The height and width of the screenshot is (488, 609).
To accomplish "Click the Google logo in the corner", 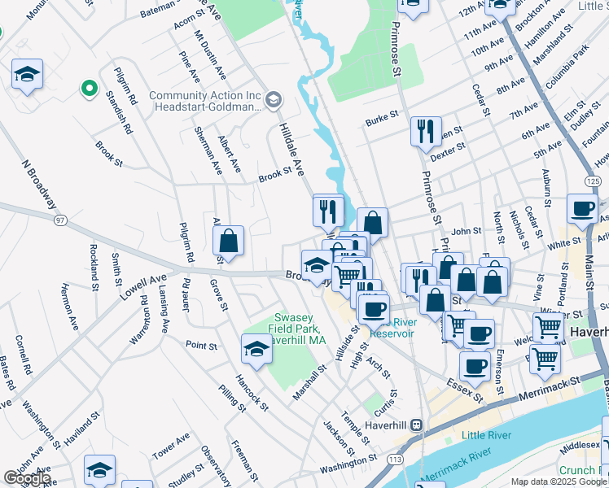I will tap(26, 478).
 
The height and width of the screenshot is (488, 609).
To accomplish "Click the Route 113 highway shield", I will tap(396, 460).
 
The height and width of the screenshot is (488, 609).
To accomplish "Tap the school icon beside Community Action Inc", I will tap(273, 100).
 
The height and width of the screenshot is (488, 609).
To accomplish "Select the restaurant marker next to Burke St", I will tap(425, 130).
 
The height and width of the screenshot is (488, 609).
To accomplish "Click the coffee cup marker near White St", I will tap(582, 208).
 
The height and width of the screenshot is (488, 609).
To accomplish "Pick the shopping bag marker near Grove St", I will tap(229, 240).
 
